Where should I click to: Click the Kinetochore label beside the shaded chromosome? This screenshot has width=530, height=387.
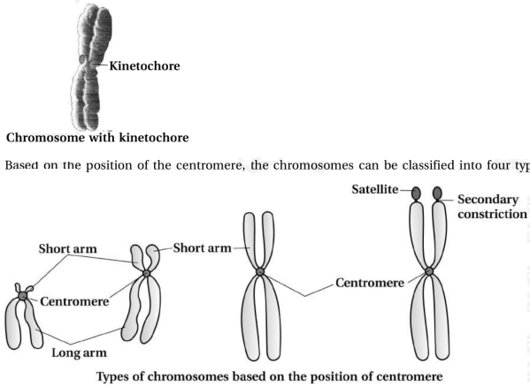tap(144, 65)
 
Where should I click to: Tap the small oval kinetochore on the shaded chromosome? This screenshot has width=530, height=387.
tap(82, 60)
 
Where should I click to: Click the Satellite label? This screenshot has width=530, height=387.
tap(375, 189)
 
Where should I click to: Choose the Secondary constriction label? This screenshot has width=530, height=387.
tap(492, 207)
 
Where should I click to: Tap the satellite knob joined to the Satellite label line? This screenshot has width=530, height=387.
tap(416, 193)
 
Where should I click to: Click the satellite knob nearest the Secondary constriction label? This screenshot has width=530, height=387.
tap(437, 193)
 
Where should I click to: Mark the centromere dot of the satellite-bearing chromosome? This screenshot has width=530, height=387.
tap(429, 271)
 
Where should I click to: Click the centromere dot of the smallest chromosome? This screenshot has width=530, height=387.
tap(23, 296)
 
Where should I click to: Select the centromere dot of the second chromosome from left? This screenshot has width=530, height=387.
tap(146, 273)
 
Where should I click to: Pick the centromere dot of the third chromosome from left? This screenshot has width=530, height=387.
tap(259, 271)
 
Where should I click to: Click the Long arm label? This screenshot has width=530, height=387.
tap(79, 353)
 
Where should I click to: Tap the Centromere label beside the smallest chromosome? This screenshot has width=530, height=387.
tap(74, 301)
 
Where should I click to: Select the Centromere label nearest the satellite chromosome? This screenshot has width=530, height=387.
tap(370, 283)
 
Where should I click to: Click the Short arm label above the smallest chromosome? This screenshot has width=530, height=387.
tap(67, 248)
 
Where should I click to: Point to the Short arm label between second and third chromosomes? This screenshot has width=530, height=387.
tap(202, 248)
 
